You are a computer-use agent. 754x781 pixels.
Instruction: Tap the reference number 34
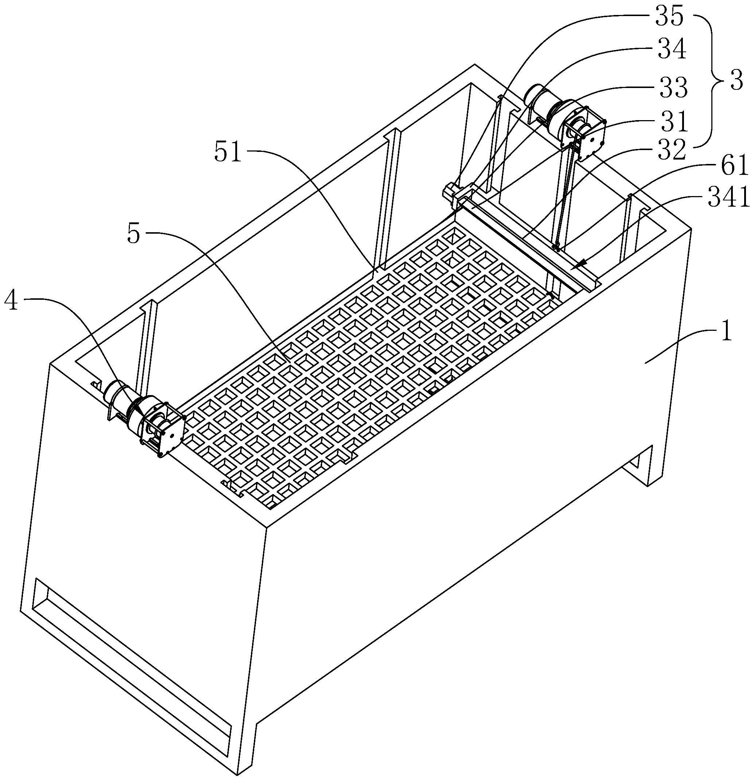672,50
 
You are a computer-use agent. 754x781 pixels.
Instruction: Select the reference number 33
673,87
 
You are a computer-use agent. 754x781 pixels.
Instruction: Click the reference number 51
228,152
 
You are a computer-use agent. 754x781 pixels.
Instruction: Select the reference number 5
134,234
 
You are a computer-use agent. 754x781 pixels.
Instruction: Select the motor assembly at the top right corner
565,119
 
